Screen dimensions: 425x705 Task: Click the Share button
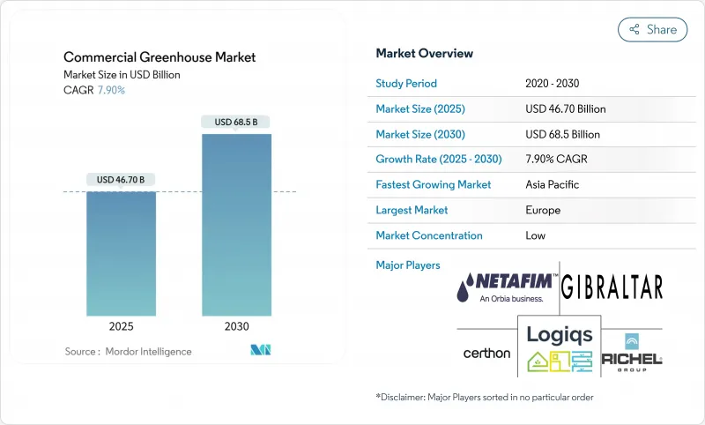pos(652,29)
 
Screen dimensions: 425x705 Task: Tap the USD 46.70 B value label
pos(121,180)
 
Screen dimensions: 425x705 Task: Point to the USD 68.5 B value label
pos(236,122)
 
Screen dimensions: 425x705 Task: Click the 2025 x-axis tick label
pos(121,326)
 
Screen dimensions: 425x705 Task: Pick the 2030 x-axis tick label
pos(236,326)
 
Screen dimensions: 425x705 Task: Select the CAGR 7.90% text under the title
pos(94,90)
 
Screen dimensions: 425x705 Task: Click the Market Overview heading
pos(424,54)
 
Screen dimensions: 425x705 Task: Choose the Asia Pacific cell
pos(553,185)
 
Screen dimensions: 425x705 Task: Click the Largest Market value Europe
pos(543,210)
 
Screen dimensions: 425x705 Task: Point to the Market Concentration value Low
pos(535,235)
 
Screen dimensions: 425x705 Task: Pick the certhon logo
pos(486,353)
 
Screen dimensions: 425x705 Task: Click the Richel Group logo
pos(632,351)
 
